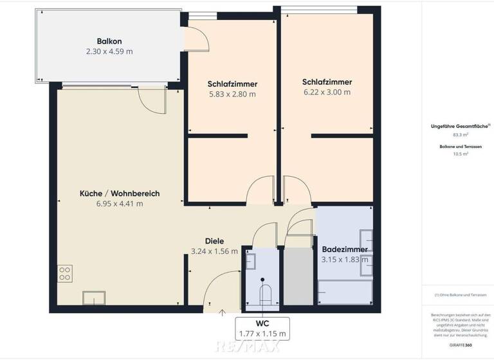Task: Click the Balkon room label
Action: pyautogui.click(x=109, y=39)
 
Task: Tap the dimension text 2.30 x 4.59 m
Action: pyautogui.click(x=109, y=51)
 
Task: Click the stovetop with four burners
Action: pyautogui.click(x=64, y=273)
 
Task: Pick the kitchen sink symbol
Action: pyautogui.click(x=93, y=298)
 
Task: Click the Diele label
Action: pyautogui.click(x=214, y=241)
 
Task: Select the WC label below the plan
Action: pyautogui.click(x=262, y=323)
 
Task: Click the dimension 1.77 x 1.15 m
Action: pyautogui.click(x=262, y=334)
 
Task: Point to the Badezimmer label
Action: pyautogui.click(x=344, y=249)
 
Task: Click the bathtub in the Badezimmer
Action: pyautogui.click(x=345, y=293)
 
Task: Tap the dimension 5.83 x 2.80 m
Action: pyautogui.click(x=232, y=94)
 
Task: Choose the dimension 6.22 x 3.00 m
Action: pyautogui.click(x=327, y=92)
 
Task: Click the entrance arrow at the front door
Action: pyautogui.click(x=223, y=313)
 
